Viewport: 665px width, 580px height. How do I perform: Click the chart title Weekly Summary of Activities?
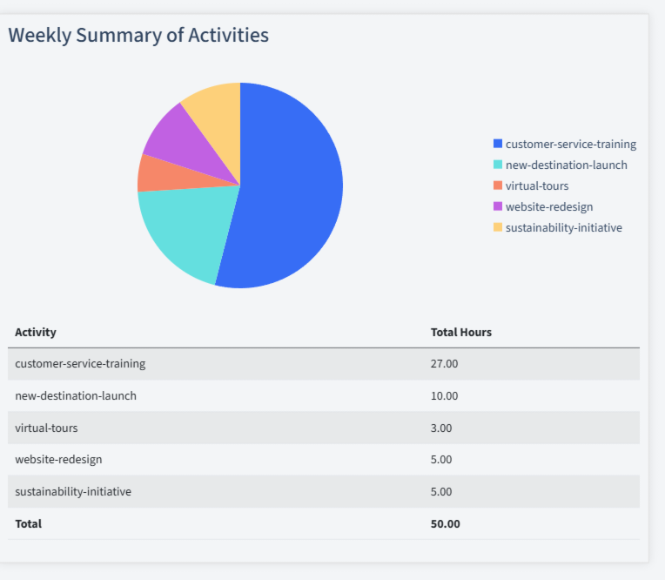(x=138, y=35)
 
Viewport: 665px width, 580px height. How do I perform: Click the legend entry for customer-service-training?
(x=570, y=144)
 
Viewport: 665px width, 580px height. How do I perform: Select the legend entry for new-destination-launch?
(x=566, y=165)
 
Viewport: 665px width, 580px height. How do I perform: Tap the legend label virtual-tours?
(x=536, y=185)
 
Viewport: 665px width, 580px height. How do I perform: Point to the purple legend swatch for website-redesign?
(x=498, y=206)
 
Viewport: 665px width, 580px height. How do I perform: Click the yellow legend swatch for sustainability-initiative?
(x=498, y=227)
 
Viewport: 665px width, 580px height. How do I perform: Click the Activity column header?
(x=36, y=332)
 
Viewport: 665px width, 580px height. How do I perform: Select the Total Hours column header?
(x=461, y=332)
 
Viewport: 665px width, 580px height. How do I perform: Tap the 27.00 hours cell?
(x=444, y=363)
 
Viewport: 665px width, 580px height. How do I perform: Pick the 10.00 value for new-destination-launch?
(x=444, y=395)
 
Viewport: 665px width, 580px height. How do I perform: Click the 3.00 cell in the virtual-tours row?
(x=441, y=428)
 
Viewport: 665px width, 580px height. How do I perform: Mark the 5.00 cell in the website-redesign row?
(x=441, y=459)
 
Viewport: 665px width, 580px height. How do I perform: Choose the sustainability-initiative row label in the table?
(x=73, y=491)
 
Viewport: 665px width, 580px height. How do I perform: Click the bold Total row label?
(x=28, y=523)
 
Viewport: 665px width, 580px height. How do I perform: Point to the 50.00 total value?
(x=445, y=523)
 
